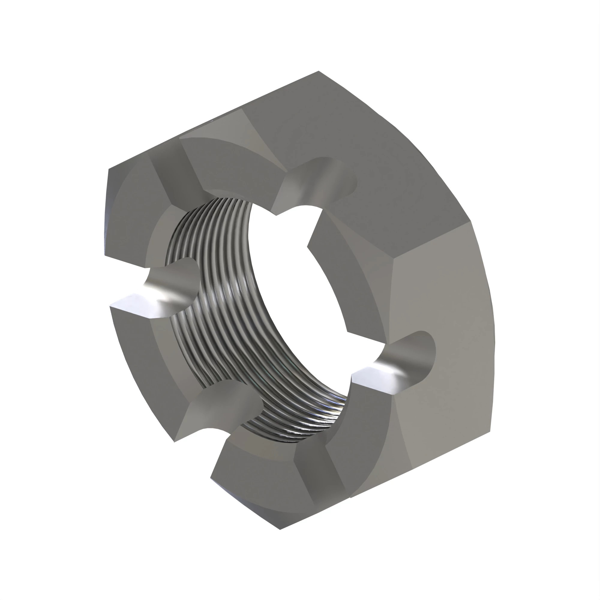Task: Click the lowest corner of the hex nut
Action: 280,529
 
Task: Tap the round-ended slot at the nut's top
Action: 320,183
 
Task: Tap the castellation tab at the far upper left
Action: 130,211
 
